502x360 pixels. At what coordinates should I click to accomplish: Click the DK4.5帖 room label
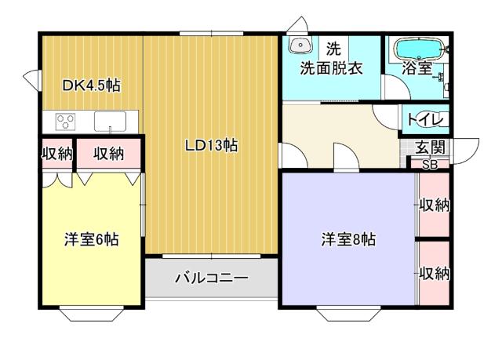click(91, 85)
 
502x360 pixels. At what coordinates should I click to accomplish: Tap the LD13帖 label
click(211, 144)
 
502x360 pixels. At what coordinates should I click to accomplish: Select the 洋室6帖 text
click(91, 239)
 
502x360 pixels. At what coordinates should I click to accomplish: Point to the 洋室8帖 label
click(347, 239)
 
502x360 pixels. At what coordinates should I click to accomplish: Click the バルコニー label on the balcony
click(211, 278)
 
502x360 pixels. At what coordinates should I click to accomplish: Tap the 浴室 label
click(417, 67)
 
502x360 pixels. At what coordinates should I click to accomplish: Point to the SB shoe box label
click(430, 165)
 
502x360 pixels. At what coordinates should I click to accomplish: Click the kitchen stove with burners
click(65, 122)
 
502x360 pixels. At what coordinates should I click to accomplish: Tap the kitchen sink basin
click(110, 122)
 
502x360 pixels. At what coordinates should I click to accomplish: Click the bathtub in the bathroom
click(417, 48)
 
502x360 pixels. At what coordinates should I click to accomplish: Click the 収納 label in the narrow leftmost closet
click(56, 154)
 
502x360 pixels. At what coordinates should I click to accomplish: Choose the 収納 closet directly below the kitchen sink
click(109, 154)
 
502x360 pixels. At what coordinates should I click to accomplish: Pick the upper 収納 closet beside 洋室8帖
click(433, 205)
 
